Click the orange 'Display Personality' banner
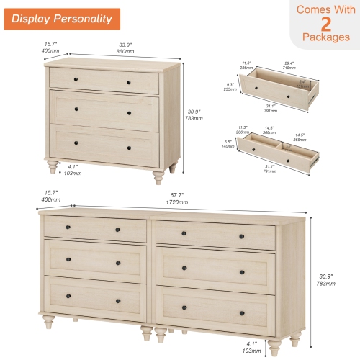point(61,19)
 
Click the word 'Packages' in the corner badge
point(326,37)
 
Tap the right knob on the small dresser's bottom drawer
point(129,148)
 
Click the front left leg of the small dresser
point(53,168)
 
